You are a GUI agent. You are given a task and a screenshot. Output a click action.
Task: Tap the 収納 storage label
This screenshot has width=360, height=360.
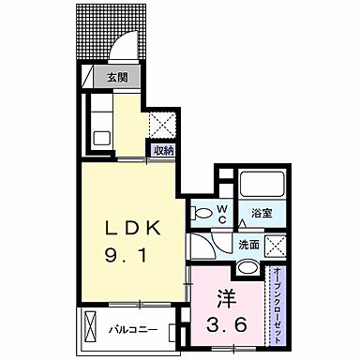[163, 148]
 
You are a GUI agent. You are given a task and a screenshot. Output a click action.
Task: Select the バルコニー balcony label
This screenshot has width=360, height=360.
[130, 330]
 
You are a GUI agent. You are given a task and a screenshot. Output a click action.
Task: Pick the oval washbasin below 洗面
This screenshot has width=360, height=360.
[246, 268]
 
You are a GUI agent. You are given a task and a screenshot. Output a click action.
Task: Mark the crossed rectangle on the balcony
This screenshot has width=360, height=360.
[91, 328]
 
